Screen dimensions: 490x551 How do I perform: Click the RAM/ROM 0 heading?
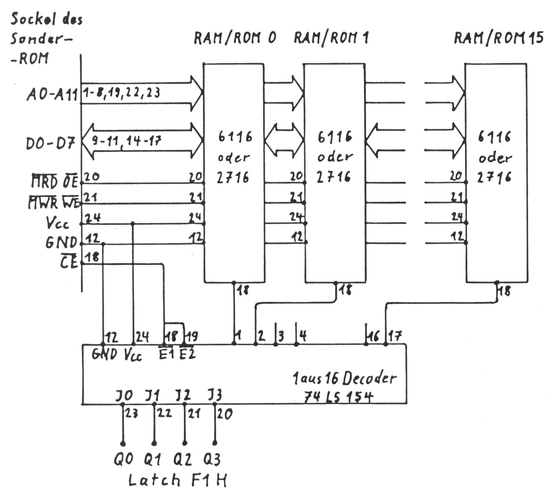pos(235,38)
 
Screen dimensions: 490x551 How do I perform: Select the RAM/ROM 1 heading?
pos(331,37)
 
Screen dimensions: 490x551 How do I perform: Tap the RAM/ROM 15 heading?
pos(499,38)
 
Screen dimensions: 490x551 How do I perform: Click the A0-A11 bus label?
pos(52,95)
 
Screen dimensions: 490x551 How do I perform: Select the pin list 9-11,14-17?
pos(126,140)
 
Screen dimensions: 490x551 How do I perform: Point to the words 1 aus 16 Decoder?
pos(344,378)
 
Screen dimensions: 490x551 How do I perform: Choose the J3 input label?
pos(214,396)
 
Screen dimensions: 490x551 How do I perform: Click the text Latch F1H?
pos(177,480)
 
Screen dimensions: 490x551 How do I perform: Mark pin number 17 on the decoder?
pos(394,336)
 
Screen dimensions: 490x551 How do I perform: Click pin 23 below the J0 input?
pos(131,413)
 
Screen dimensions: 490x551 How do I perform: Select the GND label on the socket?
pos(61,243)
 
